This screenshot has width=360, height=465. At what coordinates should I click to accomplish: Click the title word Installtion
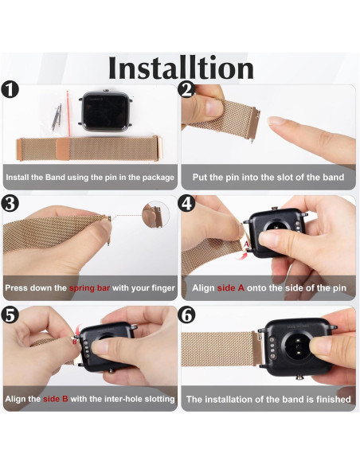(x=181, y=68)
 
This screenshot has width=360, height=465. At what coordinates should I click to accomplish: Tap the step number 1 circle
(x=10, y=90)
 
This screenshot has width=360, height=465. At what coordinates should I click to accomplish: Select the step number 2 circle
(x=187, y=90)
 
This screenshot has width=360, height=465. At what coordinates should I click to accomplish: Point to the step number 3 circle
(x=10, y=204)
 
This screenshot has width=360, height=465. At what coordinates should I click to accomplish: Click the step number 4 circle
(x=187, y=204)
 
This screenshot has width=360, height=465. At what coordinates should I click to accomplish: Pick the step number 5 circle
(x=10, y=315)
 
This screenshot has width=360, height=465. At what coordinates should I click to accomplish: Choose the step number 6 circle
(x=187, y=315)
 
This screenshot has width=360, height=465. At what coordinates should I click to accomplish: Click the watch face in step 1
(x=105, y=111)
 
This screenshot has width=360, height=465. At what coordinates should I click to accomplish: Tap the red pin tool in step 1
(x=68, y=113)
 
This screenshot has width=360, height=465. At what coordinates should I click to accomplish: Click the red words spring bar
(x=89, y=288)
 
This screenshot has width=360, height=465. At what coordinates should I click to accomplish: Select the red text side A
(x=231, y=288)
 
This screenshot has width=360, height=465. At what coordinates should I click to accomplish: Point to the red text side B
(x=56, y=399)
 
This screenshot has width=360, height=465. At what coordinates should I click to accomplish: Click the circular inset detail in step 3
(x=155, y=214)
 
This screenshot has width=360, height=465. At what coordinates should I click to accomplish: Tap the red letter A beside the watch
(x=246, y=244)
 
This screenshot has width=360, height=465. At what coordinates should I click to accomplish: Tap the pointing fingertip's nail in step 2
(x=275, y=120)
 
